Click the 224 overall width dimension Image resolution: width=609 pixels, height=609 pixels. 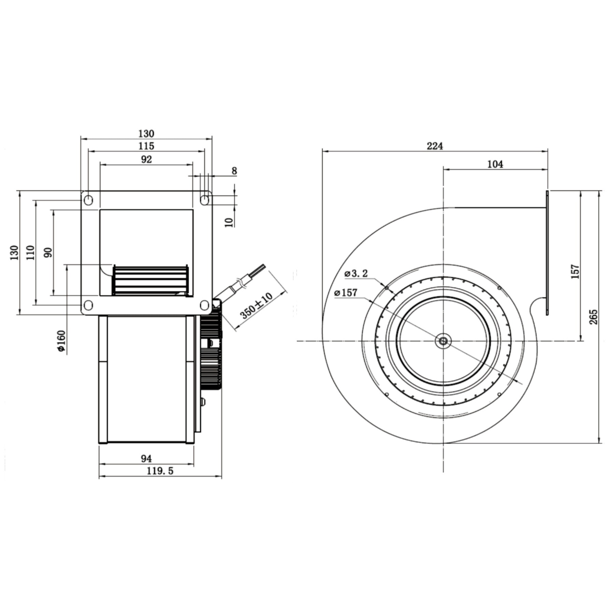click(435, 146)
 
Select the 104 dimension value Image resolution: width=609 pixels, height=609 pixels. click(495, 164)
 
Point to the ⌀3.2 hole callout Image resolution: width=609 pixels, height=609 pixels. click(356, 273)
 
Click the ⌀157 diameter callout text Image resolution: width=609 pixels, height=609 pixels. click(346, 293)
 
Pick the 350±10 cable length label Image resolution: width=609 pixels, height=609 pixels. click(257, 305)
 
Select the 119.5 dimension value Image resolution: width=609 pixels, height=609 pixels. click(160, 471)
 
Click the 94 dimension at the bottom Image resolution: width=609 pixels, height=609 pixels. click(146, 458)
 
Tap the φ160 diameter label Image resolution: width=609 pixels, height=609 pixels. click(61, 341)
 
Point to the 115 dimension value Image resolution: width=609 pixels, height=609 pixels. click(146, 146)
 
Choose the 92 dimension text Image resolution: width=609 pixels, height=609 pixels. click(146, 159)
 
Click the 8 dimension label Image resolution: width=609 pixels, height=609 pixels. click(234, 171)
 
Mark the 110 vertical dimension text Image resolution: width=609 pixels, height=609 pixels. click(31, 252)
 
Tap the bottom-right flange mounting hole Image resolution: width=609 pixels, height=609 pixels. click(204, 305)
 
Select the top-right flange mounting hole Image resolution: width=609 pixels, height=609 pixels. click(204, 200)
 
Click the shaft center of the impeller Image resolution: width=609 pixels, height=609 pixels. click(443, 341)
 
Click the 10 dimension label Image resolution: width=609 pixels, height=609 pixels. click(229, 222)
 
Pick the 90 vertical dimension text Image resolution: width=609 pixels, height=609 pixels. click(48, 252)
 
